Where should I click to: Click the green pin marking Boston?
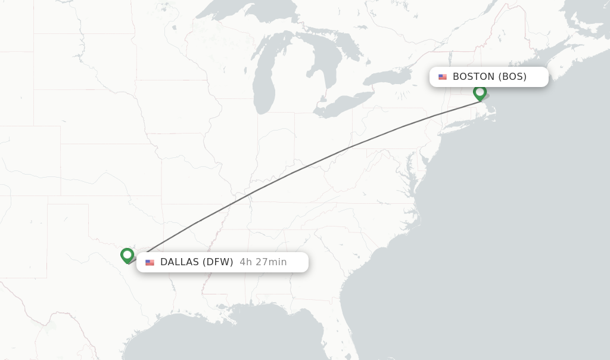tap(480, 92)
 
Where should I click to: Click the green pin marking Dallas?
tap(127, 255)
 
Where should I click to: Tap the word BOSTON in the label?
tap(474, 76)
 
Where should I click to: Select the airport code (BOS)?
tap(512, 76)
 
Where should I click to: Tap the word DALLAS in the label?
tap(180, 262)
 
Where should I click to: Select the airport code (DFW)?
tap(218, 262)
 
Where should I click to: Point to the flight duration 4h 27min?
tap(263, 262)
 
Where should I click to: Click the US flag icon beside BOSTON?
tap(443, 77)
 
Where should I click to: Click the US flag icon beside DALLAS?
tap(150, 263)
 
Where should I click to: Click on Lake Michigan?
tap(263, 83)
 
